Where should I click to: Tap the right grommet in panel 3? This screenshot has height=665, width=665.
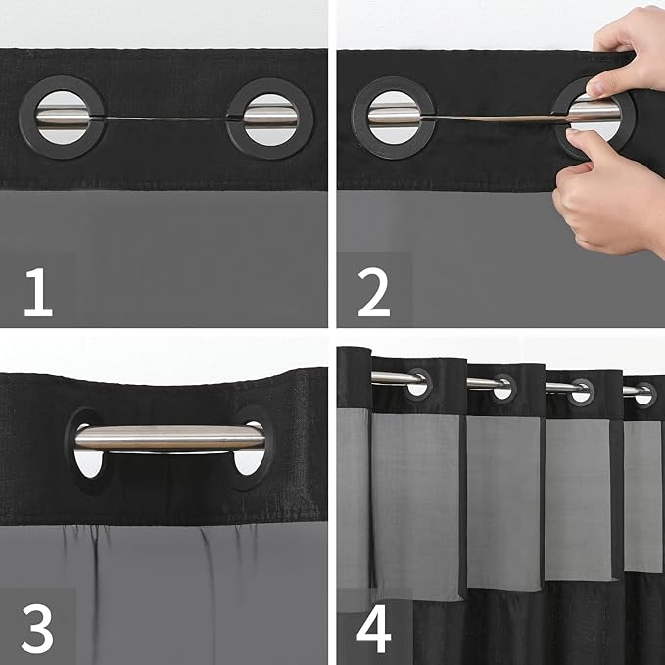252,446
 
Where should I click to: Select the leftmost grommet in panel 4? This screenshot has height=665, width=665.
417,383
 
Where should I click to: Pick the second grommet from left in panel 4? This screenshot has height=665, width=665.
503,387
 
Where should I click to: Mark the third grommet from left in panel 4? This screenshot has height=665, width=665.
582,391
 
